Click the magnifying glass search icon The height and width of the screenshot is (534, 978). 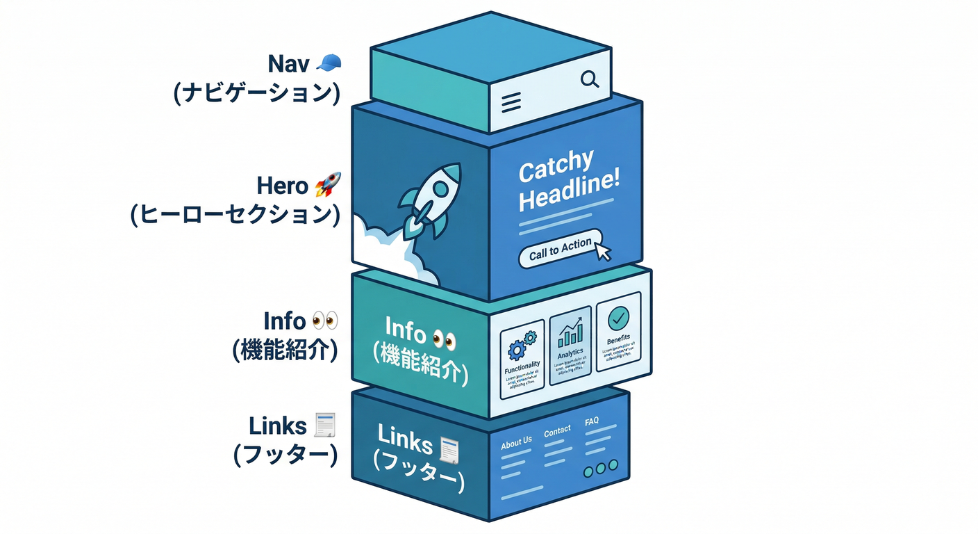[x=590, y=80]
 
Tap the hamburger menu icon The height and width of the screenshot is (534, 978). [x=511, y=103]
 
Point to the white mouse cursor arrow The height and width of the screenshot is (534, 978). [x=603, y=250]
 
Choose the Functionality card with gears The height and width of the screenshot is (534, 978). [x=522, y=354]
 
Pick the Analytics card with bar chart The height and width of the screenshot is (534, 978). [x=570, y=344]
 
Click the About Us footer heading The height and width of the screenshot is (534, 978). [x=516, y=441]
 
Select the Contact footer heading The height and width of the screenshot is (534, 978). [x=557, y=432]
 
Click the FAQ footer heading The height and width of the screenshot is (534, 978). [x=592, y=421]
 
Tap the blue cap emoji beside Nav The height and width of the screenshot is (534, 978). [x=329, y=63]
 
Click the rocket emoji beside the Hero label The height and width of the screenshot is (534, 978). [x=327, y=186]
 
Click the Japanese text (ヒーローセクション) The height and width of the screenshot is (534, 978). [x=235, y=215]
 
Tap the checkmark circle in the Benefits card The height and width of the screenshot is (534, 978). [x=618, y=319]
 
